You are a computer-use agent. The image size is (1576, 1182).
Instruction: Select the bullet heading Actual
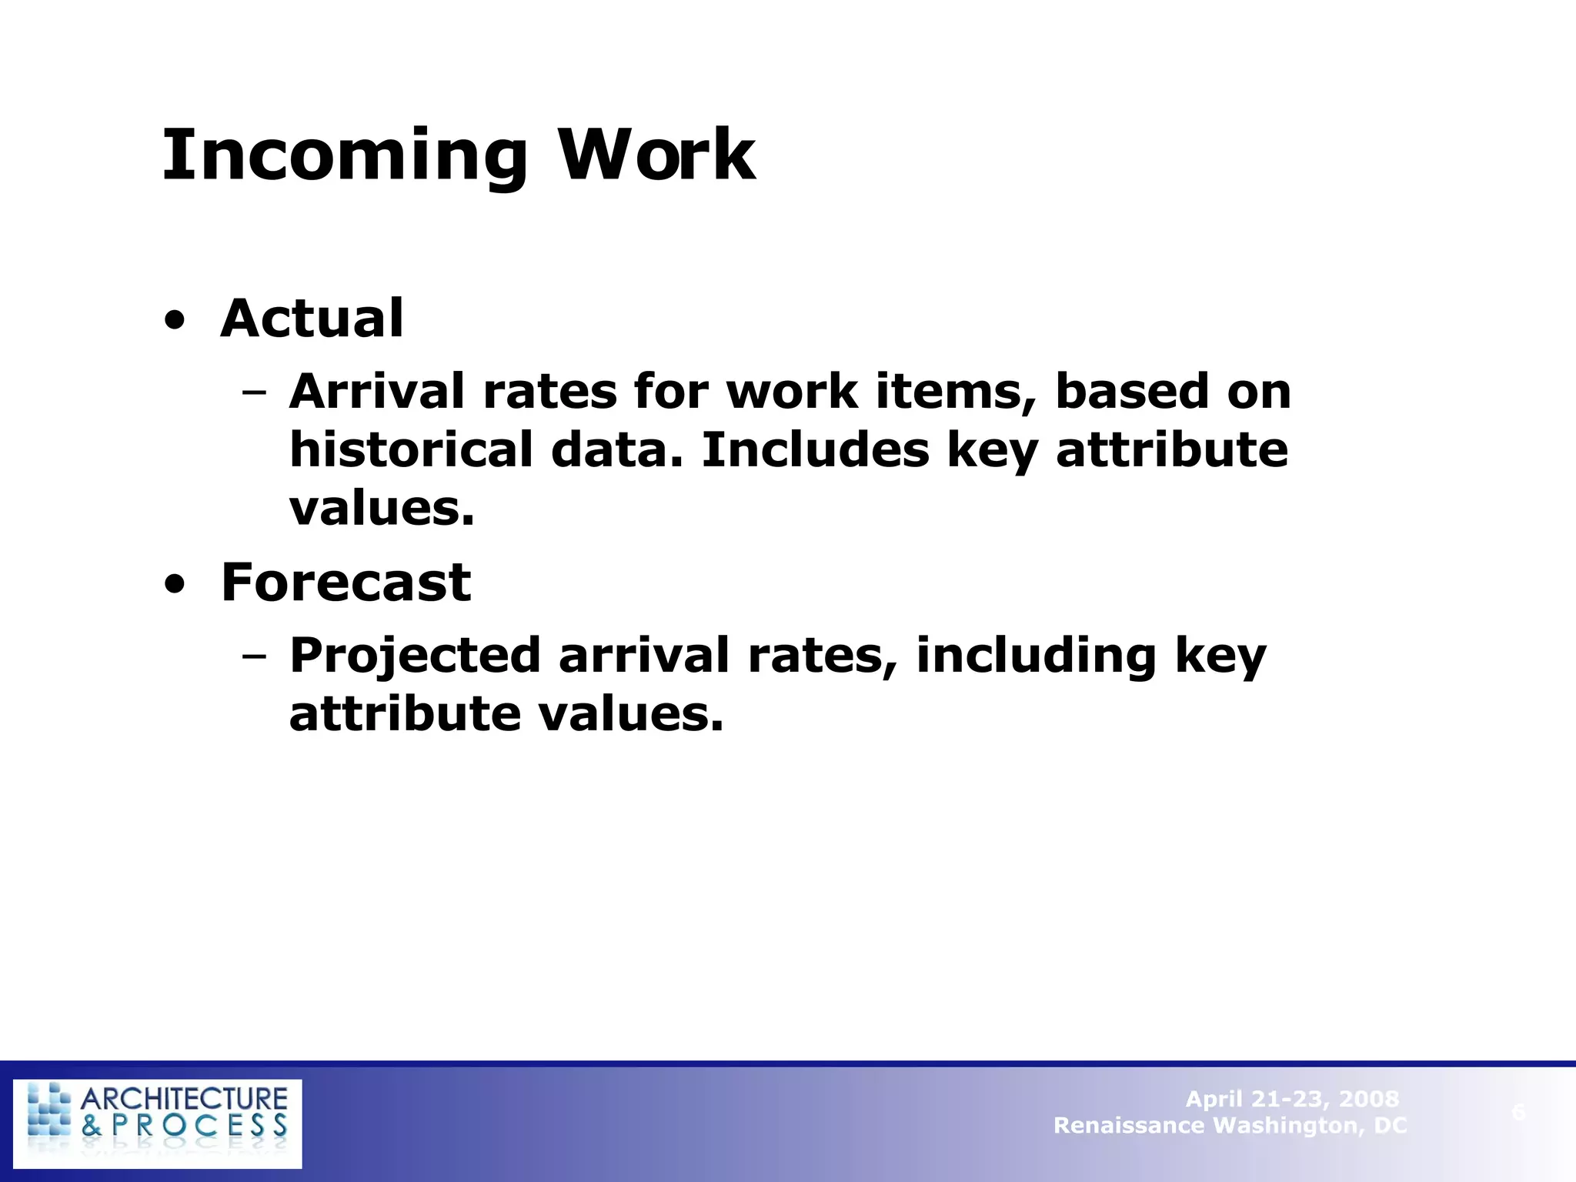tap(312, 319)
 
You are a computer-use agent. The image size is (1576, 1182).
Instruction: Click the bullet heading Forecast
tap(346, 583)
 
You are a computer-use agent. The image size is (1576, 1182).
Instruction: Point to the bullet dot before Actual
tap(175, 322)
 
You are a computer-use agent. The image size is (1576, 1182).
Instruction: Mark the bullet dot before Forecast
tap(175, 586)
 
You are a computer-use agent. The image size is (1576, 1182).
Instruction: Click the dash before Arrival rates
tap(253, 393)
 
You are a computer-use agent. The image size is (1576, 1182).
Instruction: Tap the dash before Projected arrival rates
tap(253, 656)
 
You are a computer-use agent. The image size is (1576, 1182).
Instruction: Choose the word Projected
tap(415, 656)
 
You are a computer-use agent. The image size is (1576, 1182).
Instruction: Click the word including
tap(1036, 656)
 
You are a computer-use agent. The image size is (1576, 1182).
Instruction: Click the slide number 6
tap(1518, 1112)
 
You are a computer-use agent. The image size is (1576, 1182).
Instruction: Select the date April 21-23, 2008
tap(1292, 1099)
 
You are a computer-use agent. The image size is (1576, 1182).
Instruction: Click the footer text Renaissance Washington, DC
tap(1230, 1126)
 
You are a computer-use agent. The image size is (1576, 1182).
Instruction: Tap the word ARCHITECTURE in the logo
tap(184, 1098)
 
